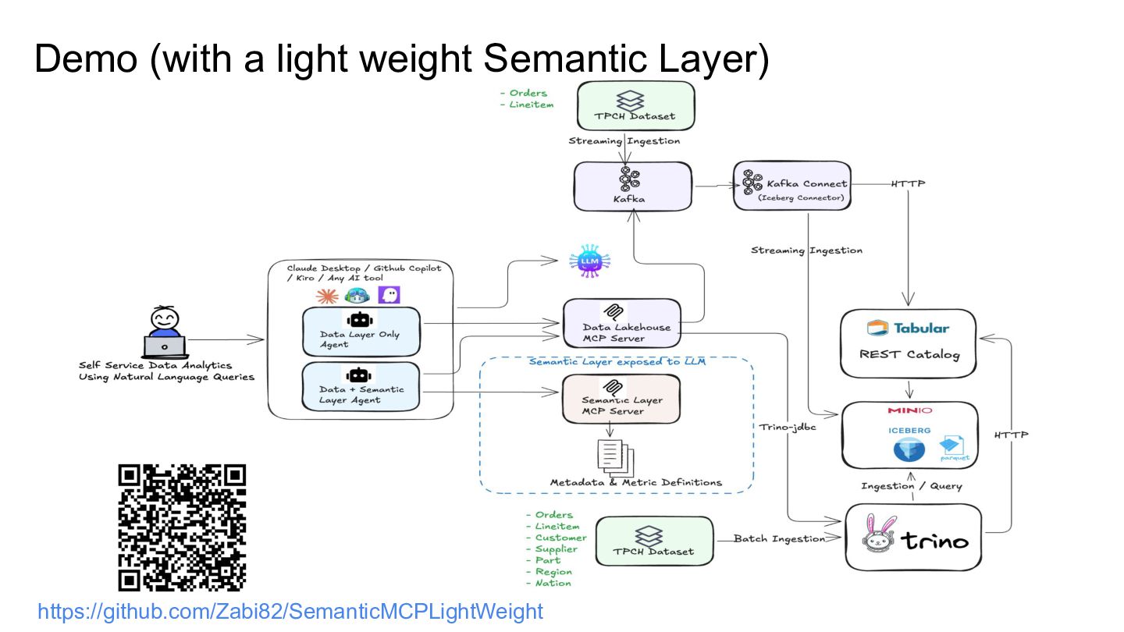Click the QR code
(182, 527)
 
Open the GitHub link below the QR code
(290, 611)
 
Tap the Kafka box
(632, 186)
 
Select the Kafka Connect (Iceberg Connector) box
(792, 186)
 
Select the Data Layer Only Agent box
(361, 332)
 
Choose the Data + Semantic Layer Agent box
(361, 386)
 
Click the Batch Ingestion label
(779, 538)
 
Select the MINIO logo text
(909, 410)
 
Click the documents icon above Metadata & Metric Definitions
(615, 456)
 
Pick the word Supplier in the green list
(556, 549)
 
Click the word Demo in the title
(86, 59)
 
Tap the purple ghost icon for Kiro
(388, 295)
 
